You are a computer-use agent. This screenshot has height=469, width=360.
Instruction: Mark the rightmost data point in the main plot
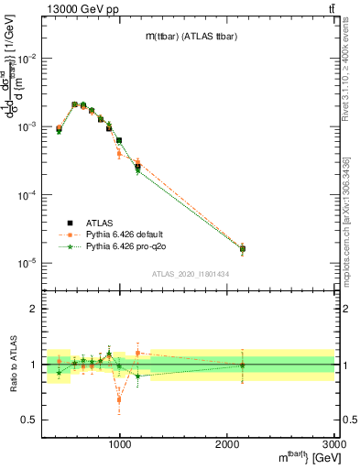pyautogui.click(x=243, y=248)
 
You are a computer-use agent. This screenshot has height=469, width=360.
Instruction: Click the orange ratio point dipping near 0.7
pyautogui.click(x=119, y=399)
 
